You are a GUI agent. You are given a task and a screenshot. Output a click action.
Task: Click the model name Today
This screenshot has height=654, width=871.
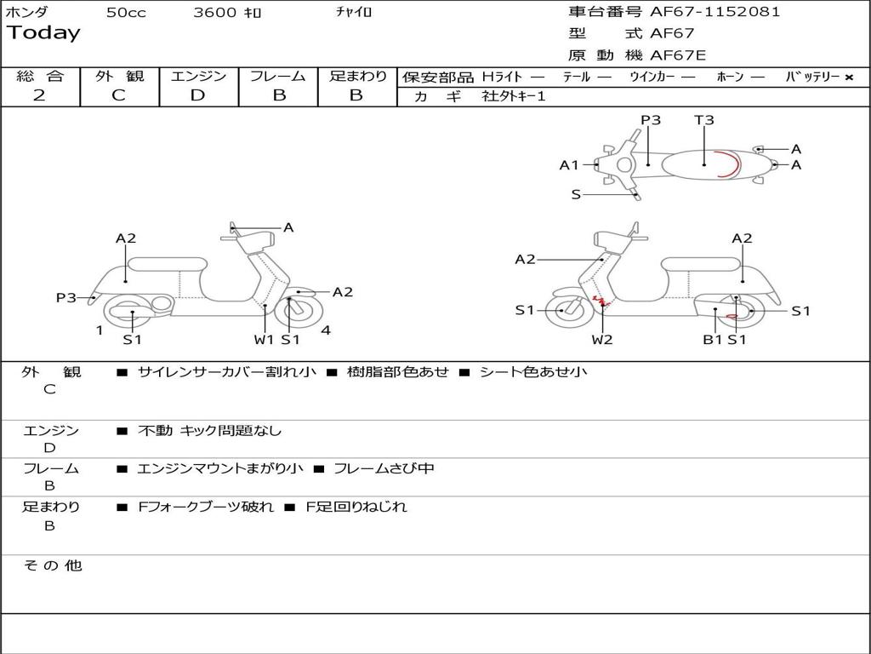pos(43,33)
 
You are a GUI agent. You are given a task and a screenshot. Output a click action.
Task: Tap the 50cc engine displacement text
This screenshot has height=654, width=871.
pos(126,13)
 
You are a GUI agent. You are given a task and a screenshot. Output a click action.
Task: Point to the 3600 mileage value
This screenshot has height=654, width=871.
pos(216,13)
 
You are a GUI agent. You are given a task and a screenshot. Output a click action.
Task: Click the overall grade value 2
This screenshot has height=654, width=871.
pos(39,95)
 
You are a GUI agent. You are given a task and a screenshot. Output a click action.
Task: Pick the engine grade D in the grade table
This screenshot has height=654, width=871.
pos(197,95)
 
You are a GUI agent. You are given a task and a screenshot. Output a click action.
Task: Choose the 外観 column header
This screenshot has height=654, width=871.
pos(119,76)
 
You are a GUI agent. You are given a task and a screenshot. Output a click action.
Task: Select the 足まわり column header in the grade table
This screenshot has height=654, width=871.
pos(357,76)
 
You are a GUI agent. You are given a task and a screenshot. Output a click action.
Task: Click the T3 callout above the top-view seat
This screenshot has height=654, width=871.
pos(704,120)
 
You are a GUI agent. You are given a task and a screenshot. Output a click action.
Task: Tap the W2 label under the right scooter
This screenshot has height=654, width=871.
pos(602,340)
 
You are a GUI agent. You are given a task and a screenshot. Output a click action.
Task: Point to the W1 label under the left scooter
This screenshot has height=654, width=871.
pos(265,340)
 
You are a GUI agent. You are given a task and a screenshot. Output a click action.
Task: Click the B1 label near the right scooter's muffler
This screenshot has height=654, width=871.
pos(712,340)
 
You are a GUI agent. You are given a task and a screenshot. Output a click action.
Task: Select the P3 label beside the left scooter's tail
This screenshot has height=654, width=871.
pos(66,297)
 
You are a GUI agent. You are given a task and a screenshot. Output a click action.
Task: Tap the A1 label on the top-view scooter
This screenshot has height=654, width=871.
pos(569,165)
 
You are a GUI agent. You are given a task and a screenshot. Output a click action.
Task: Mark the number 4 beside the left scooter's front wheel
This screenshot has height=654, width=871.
pos(326,330)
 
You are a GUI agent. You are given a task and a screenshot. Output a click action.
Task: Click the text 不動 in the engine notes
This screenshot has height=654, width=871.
pos(154,431)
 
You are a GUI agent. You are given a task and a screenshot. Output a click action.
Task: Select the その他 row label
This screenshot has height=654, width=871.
pos(52,565)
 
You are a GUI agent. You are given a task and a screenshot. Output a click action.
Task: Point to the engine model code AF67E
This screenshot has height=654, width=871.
pos(678,55)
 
